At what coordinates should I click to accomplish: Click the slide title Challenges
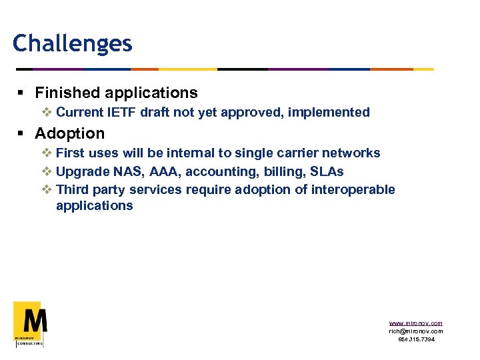click(x=72, y=44)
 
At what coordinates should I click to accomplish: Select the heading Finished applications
click(x=116, y=93)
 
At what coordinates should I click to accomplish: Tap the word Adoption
click(x=69, y=133)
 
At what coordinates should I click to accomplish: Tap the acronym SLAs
click(x=327, y=171)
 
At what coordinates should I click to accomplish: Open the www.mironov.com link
click(x=415, y=323)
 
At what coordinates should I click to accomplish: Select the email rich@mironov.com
click(x=415, y=331)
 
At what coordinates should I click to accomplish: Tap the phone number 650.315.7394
click(x=416, y=339)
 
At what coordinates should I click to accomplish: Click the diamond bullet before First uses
click(x=47, y=153)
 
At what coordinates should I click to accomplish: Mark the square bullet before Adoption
click(x=23, y=134)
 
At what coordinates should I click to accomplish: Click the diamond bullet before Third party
click(x=47, y=189)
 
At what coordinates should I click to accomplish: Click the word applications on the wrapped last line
click(x=95, y=205)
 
